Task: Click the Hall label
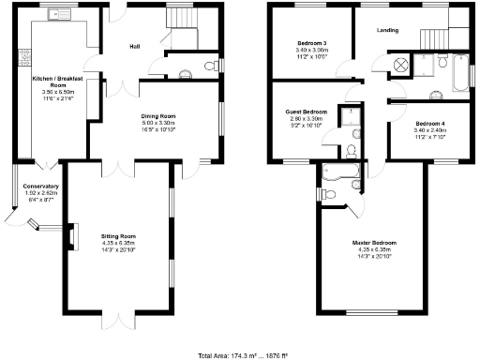coord(135,46)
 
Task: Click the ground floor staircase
coord(179,18)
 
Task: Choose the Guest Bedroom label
coord(304,112)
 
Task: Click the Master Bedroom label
coord(373,243)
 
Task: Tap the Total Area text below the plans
coord(242,355)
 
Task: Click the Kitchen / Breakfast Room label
coord(59,80)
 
